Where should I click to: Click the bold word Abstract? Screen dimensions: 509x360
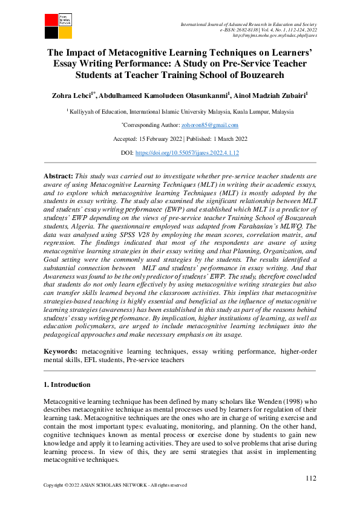58,174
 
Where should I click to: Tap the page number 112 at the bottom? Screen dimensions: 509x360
310,479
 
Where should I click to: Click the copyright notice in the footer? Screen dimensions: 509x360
115,485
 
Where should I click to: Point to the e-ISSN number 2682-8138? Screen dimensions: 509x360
249,30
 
